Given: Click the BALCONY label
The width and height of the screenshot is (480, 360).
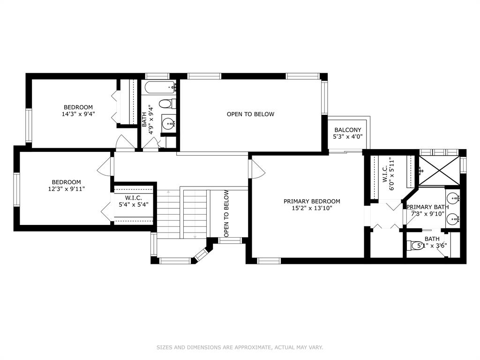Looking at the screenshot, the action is (347, 130).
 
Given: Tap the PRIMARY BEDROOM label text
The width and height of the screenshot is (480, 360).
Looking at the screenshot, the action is (312, 202).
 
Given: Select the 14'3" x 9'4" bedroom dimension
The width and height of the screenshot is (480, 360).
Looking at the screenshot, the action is (78, 114).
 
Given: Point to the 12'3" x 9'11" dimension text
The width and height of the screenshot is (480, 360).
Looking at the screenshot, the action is (66, 189).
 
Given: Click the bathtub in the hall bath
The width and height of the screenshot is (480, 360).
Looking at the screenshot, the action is (160, 87).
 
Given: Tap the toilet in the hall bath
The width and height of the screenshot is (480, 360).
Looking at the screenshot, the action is (167, 104).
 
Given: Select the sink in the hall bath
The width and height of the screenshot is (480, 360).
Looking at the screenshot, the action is (168, 124).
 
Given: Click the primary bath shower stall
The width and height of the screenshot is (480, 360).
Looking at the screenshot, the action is (439, 171).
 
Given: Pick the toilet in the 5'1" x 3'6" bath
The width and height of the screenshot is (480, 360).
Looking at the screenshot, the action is (416, 245).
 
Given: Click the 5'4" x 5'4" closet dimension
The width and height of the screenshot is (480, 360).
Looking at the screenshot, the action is (134, 204).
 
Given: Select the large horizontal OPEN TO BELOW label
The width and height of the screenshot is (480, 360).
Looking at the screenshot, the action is (250, 114).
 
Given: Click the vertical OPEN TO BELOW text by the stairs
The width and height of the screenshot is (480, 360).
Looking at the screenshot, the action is (226, 214).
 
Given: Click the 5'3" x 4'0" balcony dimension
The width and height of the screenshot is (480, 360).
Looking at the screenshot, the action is (348, 136).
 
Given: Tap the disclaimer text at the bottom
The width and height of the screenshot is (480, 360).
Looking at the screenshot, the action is (240, 347).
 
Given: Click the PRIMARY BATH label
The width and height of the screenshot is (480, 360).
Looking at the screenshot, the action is (427, 207).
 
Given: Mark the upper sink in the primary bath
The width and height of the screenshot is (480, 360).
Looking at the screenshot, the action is (452, 197).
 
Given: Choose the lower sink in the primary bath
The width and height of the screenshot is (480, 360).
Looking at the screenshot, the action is (452, 219).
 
